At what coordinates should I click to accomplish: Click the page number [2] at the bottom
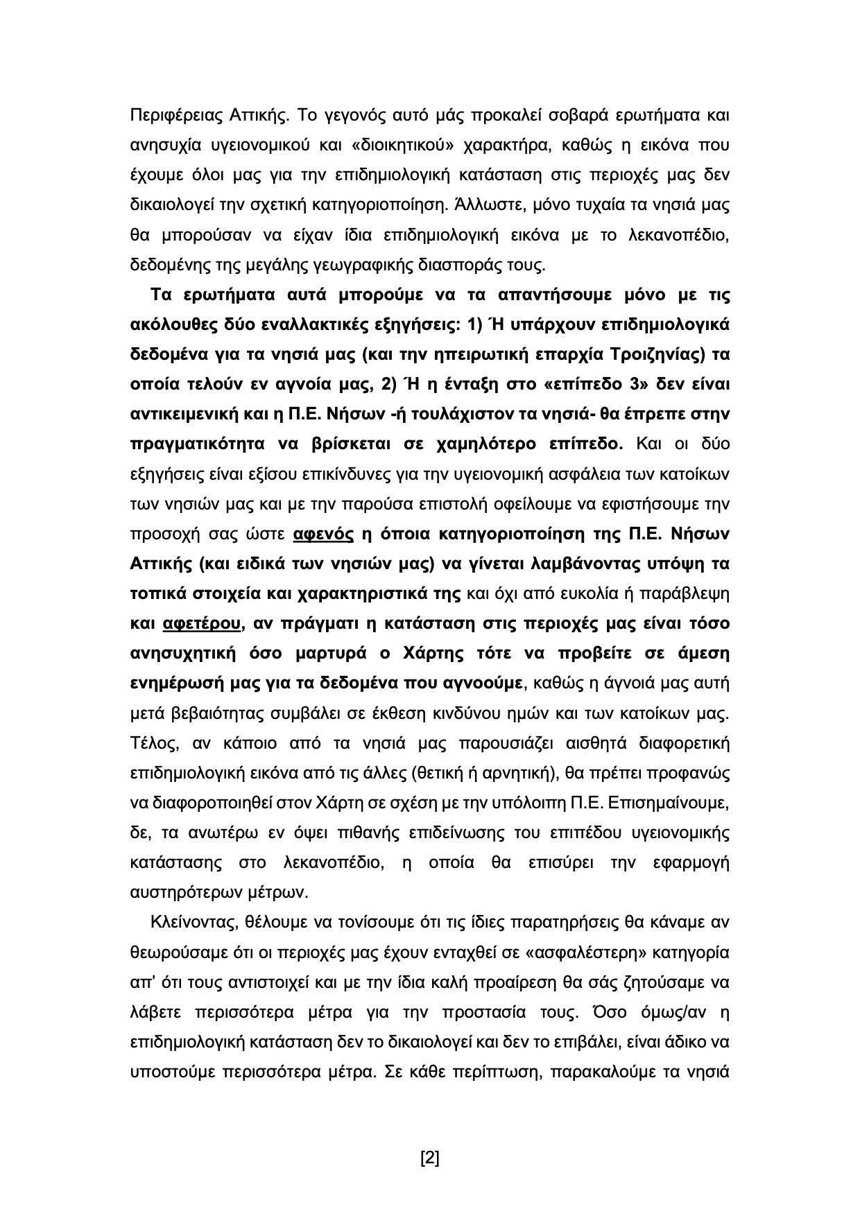click(x=430, y=1157)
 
